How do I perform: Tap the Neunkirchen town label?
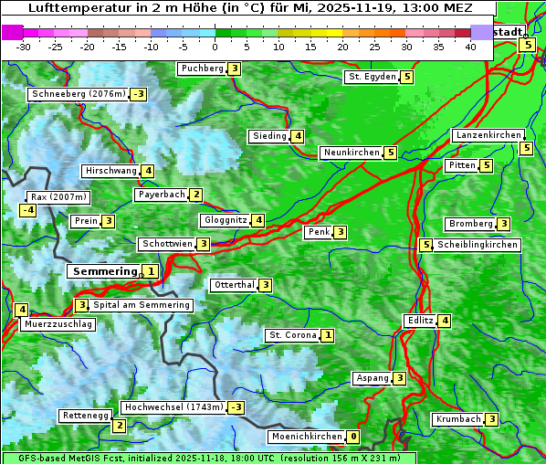pos(351,153)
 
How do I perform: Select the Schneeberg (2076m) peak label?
pos(78,94)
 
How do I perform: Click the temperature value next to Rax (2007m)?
pos(27,210)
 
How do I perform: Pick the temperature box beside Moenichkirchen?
pos(353,437)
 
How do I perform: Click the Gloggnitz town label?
pos(225,220)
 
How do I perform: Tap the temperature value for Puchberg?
pos(235,69)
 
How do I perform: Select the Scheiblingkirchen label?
pos(478,245)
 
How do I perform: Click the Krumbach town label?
pos(457,419)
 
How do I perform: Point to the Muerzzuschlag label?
pos(58,324)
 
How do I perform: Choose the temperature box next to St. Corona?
pos(328,335)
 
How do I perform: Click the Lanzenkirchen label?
pos(488,135)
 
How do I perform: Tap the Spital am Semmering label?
pos(142,305)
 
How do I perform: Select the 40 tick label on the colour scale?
pos(470,46)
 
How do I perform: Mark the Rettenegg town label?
pos(85,416)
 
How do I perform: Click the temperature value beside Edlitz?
pos(444,321)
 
